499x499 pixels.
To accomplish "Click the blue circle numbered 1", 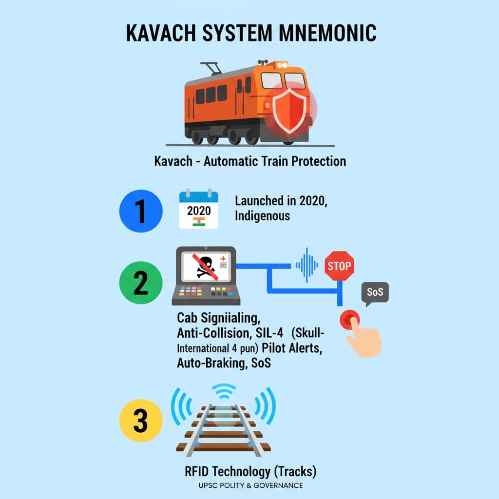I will (x=140, y=211).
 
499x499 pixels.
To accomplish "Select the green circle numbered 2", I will (x=140, y=283).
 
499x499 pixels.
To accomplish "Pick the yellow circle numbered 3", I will (x=140, y=420).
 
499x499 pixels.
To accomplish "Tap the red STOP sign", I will (x=339, y=266).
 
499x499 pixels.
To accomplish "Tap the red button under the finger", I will (x=350, y=319).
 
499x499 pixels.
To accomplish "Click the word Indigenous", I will (x=262, y=215).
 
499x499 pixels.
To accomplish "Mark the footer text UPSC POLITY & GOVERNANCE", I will (x=250, y=485).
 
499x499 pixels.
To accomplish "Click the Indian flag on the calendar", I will (x=199, y=221).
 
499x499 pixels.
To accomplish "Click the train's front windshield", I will (x=284, y=80).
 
